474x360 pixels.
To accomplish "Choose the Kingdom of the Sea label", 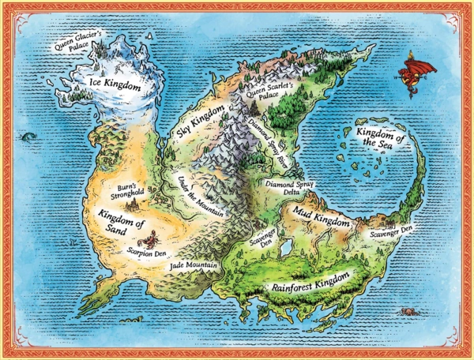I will point(383,141).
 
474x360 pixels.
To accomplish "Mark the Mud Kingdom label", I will point(322,219).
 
